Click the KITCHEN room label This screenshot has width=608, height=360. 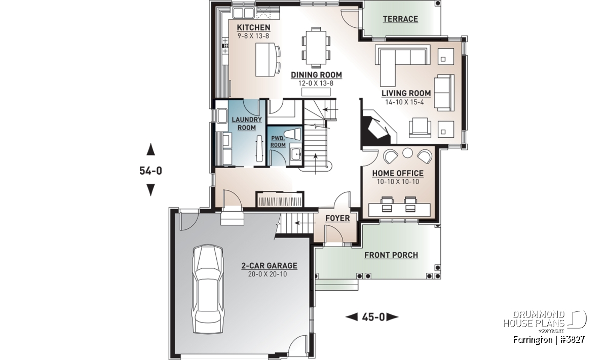[253, 27]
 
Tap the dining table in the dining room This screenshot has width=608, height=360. [316, 48]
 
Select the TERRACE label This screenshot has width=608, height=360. [400, 19]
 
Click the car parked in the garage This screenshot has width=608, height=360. [208, 289]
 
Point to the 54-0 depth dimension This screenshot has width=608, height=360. [150, 171]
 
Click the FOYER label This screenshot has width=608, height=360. [337, 218]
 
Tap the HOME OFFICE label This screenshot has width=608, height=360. [398, 173]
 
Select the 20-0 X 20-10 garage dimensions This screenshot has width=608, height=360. [268, 274]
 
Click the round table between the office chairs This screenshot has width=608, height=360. [407, 153]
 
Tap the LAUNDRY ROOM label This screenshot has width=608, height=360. [247, 124]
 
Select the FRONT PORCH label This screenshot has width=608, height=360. [391, 255]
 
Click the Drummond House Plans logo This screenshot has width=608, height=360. [545, 322]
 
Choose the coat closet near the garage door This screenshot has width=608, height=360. [280, 199]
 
